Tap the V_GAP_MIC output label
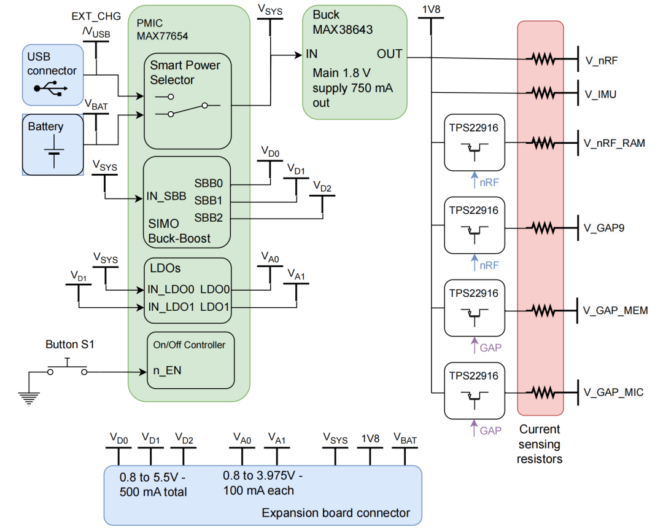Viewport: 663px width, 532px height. (x=613, y=392)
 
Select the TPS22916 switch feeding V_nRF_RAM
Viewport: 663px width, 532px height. (x=473, y=143)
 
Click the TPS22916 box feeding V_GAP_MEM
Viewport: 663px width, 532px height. (x=473, y=308)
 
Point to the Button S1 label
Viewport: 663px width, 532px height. (x=70, y=344)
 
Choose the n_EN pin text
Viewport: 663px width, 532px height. (x=167, y=371)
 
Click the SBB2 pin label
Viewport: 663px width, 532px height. (x=209, y=217)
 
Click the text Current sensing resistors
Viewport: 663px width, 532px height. (x=540, y=444)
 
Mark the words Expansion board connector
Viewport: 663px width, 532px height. (x=336, y=513)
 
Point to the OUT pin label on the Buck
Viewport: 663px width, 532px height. (x=389, y=54)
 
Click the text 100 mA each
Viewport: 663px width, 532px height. (x=258, y=491)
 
